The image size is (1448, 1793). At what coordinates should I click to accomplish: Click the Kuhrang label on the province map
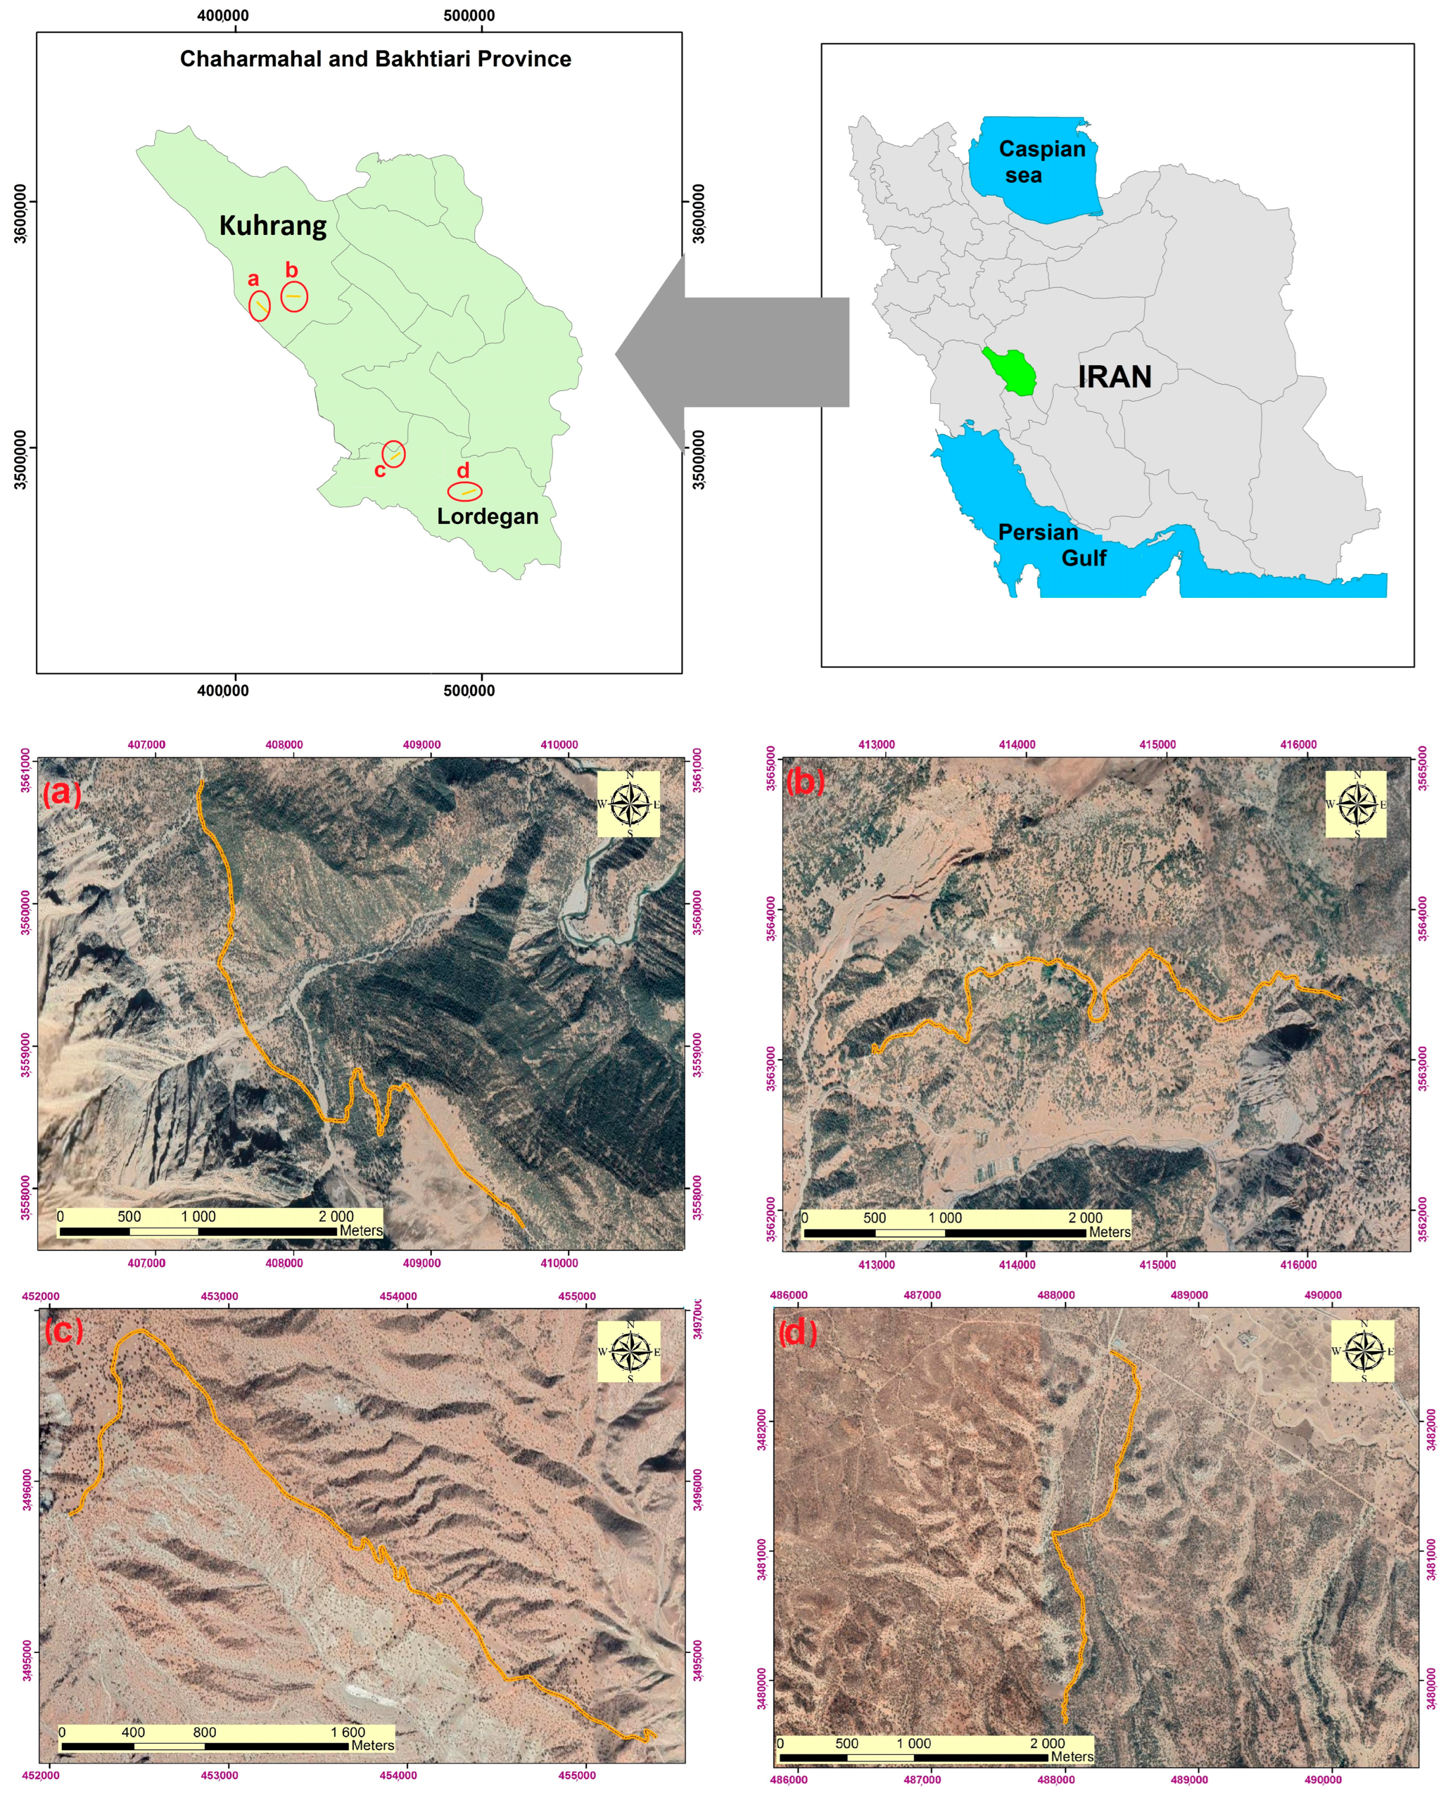[273, 225]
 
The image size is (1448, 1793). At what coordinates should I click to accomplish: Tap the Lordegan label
[487, 517]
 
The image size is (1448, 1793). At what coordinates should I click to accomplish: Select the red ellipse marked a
[259, 306]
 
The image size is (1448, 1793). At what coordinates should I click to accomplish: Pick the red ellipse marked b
[294, 296]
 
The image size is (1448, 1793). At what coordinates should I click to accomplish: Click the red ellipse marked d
[465, 492]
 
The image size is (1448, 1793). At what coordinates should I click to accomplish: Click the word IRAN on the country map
[1114, 377]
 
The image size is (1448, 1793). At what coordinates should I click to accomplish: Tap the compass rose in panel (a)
[629, 804]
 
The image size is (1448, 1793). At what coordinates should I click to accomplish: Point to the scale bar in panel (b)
[966, 1225]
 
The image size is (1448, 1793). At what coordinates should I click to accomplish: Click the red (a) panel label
[62, 792]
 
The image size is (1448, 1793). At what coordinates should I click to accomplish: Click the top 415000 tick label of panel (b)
[1157, 744]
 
